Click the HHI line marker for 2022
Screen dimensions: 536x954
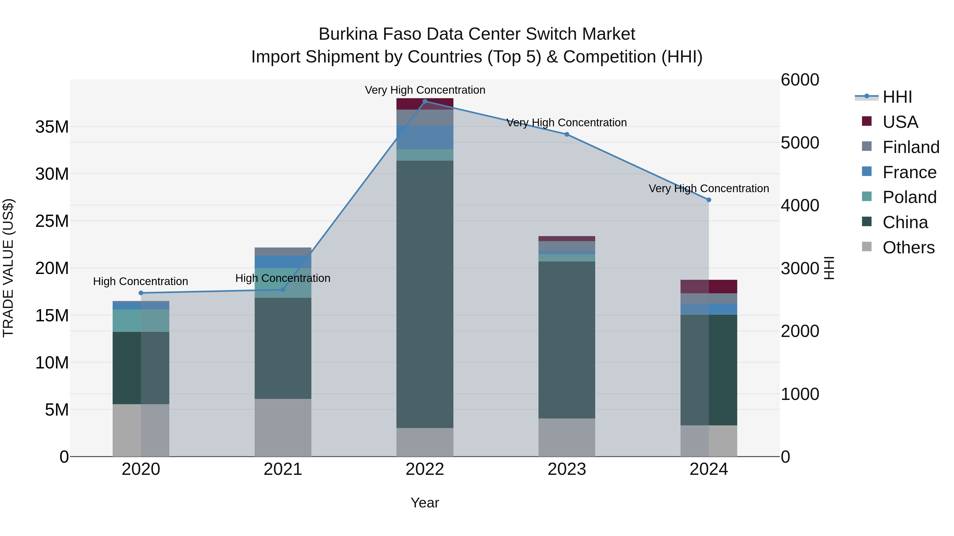[425, 101]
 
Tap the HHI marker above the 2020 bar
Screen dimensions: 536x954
[141, 293]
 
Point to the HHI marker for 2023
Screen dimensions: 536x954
[567, 134]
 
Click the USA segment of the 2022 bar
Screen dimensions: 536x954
[425, 104]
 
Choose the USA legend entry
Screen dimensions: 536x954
[900, 122]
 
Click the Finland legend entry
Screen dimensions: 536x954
[911, 147]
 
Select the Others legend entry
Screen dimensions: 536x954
[908, 247]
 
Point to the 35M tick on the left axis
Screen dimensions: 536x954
[52, 127]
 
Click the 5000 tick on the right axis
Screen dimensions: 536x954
[800, 143]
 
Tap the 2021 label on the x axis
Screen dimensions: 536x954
[283, 469]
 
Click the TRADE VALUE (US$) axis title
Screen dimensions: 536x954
[8, 268]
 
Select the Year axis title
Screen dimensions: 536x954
[425, 503]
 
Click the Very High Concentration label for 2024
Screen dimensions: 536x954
[708, 189]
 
